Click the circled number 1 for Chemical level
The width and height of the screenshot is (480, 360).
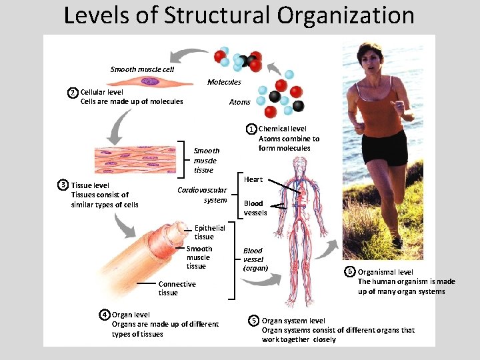[x=251, y=129]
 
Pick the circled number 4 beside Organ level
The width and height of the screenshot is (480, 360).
[x=105, y=315]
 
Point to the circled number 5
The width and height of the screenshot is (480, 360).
[x=254, y=321]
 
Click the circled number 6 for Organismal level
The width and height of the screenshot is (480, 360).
[x=350, y=271]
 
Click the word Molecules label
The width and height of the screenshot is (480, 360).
[x=224, y=82]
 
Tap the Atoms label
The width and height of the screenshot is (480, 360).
[x=239, y=102]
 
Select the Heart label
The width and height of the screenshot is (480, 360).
[x=253, y=179]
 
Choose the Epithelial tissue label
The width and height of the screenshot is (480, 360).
[x=209, y=232]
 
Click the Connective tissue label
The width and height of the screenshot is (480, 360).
[x=177, y=288]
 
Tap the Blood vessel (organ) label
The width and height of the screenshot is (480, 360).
[x=255, y=259]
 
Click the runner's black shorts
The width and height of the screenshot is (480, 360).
[x=384, y=147]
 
